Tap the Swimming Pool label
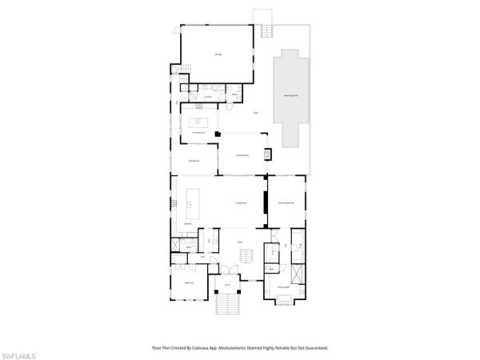click(291, 95)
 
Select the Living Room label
click(239, 203)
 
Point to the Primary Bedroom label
click(288, 203)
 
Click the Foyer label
click(239, 242)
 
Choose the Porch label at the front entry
click(227, 285)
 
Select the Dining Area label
click(194, 162)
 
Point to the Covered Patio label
click(240, 155)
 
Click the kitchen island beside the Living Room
click(192, 205)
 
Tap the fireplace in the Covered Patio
click(268, 154)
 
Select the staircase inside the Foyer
click(248, 254)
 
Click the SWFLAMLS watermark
click(22, 352)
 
